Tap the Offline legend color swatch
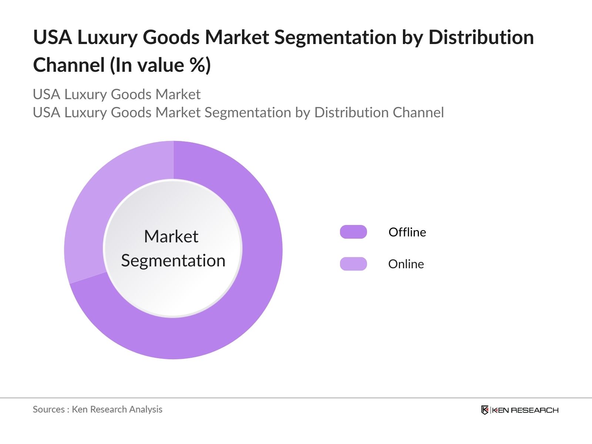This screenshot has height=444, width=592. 353,232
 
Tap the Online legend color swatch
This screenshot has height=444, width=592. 353,264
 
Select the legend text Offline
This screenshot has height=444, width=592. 407,232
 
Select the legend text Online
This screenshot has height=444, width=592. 406,264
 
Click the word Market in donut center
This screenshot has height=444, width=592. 171,236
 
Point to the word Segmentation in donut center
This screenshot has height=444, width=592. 173,260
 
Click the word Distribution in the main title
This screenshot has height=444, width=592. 481,37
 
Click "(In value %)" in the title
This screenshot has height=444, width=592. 160,65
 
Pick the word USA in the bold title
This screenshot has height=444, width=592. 53,37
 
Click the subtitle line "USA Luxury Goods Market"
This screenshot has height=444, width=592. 117,94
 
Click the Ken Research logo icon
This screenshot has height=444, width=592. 485,410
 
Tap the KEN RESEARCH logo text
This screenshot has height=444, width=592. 525,410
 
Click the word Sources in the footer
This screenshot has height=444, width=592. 48,409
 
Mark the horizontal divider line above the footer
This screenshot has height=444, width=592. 296,398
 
